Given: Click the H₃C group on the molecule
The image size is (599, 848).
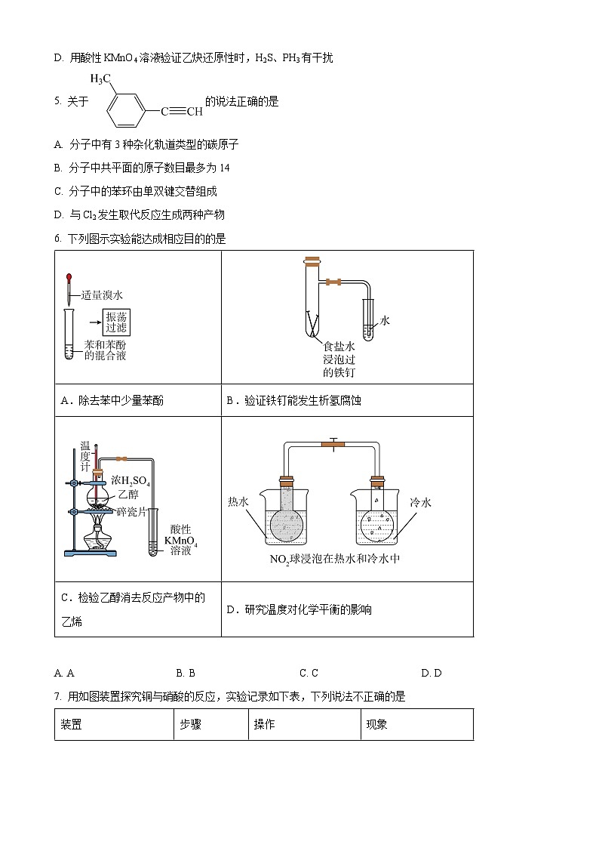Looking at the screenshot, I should point(101,79).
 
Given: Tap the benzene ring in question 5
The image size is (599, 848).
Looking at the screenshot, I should point(124,113).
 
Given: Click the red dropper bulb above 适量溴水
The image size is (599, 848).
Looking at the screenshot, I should point(69,279).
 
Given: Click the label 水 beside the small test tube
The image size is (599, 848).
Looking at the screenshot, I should point(385,321).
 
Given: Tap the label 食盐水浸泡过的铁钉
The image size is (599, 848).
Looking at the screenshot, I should point(339,359).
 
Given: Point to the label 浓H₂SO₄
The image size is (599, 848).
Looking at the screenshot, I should point(131,480).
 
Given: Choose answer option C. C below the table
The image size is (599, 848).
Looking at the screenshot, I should point(309,673).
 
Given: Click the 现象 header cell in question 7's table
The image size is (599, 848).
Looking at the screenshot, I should point(377,724).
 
